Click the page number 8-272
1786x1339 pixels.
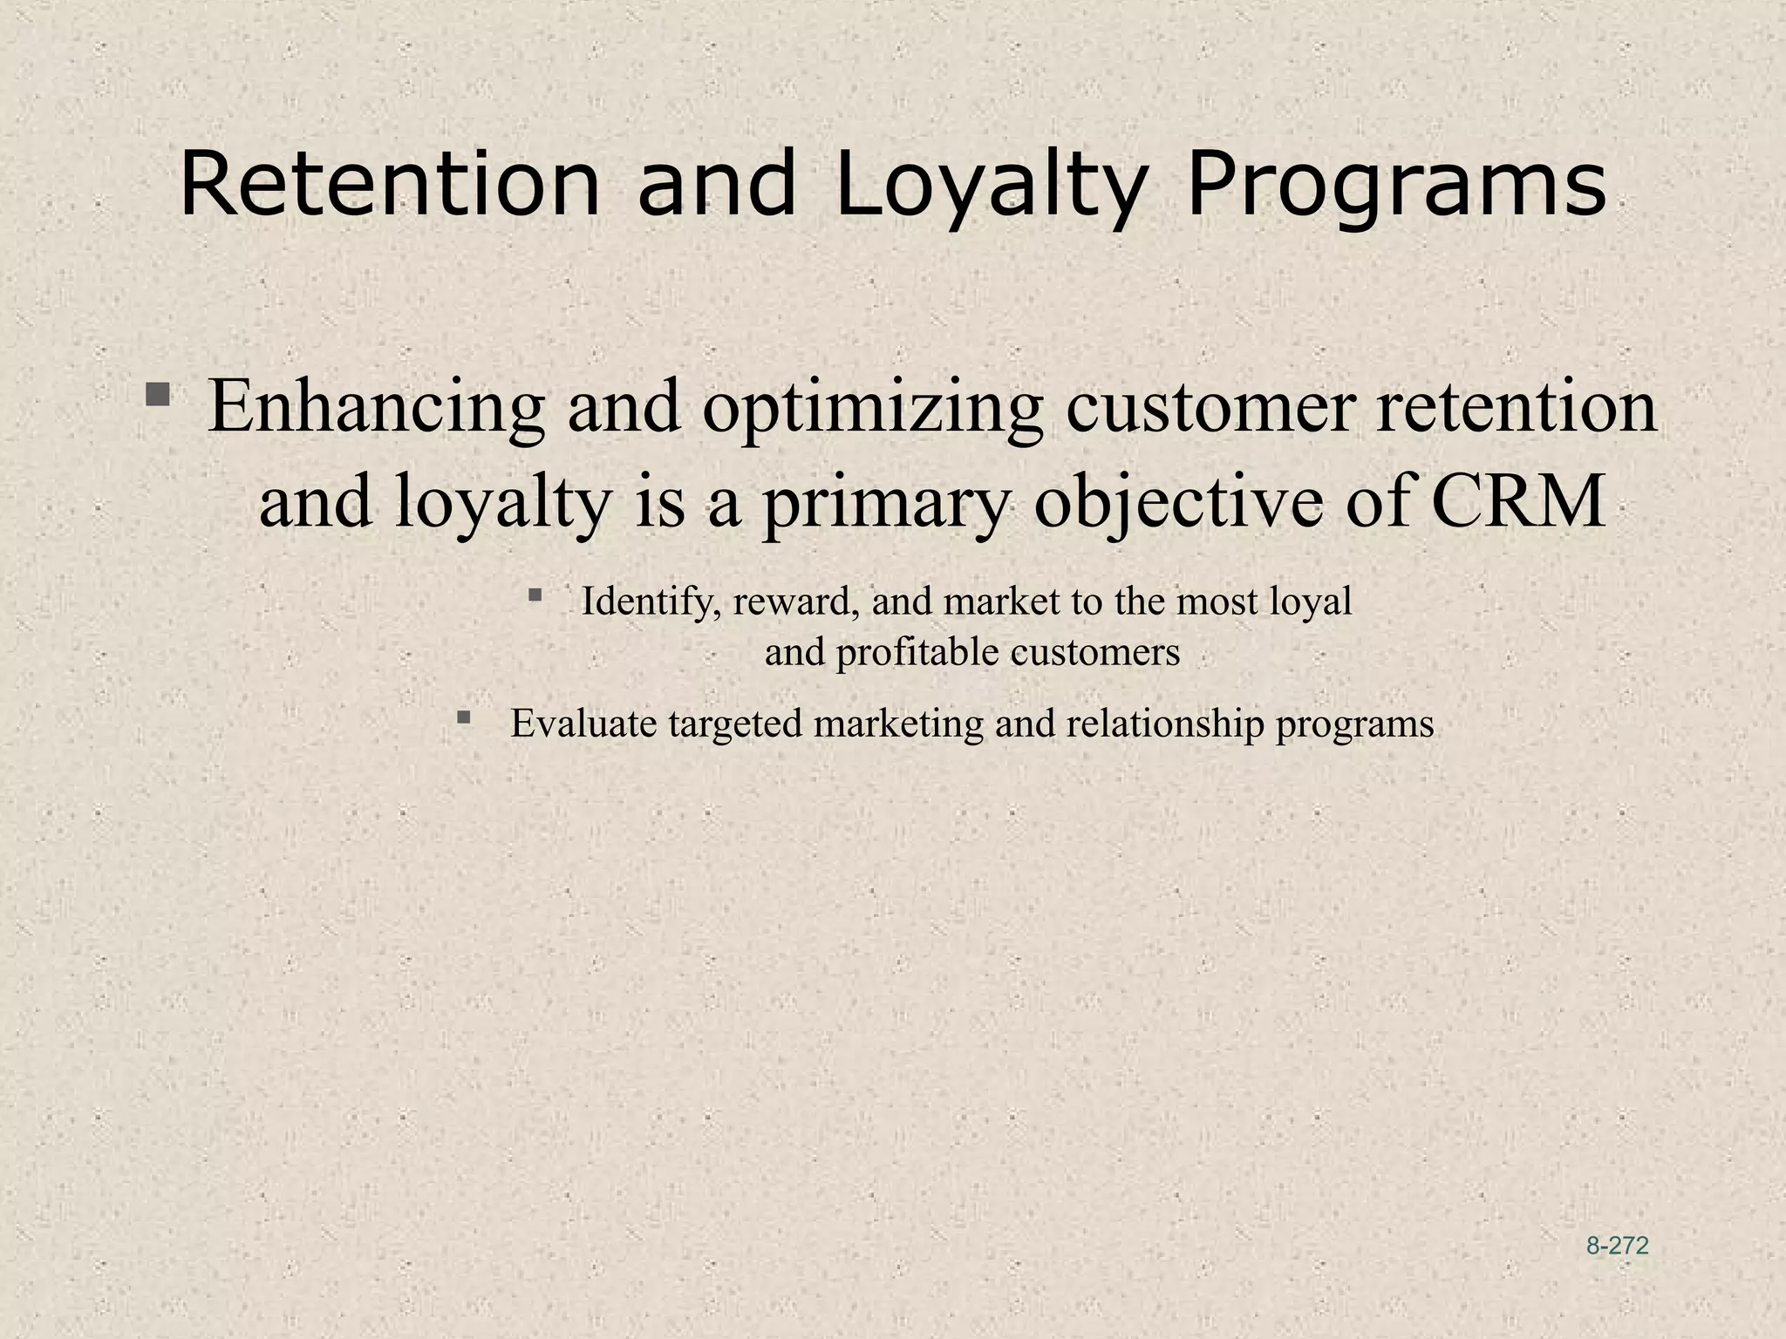[x=1618, y=1247]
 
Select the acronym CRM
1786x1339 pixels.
[x=1518, y=503]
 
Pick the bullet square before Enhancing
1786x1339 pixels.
[x=158, y=396]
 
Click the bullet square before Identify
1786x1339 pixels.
[x=535, y=596]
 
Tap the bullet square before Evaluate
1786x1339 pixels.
[x=464, y=718]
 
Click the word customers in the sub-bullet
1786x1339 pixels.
[x=1095, y=652]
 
